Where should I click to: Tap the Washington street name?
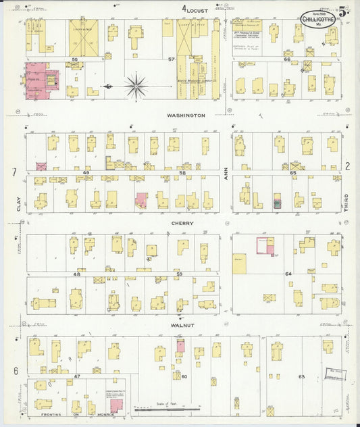pyautogui.click(x=186, y=116)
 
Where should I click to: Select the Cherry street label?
pyautogui.click(x=182, y=224)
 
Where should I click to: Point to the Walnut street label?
pyautogui.click(x=182, y=326)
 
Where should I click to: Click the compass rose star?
pyautogui.click(x=136, y=86)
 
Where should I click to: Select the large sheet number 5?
pyautogui.click(x=344, y=10)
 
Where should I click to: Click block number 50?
pyautogui.click(x=76, y=60)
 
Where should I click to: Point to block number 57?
pyautogui.click(x=172, y=60)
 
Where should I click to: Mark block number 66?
pyautogui.click(x=287, y=59)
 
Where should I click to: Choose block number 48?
pyautogui.click(x=77, y=274)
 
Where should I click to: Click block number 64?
pyautogui.click(x=288, y=274)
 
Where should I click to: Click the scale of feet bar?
pyautogui.click(x=167, y=409)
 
